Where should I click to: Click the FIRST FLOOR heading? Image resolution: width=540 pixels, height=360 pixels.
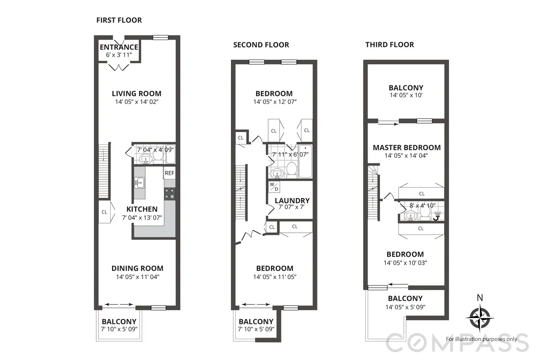[119, 20]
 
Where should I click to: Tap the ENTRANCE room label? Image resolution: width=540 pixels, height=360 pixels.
[119, 47]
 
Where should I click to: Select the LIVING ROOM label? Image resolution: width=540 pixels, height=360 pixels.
[136, 94]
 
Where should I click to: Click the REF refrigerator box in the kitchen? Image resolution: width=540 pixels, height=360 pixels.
[169, 173]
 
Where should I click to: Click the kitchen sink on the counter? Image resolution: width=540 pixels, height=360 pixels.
[139, 182]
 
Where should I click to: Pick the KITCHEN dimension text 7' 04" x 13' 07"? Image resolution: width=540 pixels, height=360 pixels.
[142, 217]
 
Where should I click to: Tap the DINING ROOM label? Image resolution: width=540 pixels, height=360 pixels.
[137, 268]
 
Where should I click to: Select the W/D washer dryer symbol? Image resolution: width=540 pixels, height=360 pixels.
[274, 186]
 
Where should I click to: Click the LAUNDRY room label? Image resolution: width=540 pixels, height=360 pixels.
[292, 201]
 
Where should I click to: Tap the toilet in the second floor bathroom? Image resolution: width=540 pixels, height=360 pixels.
[292, 169]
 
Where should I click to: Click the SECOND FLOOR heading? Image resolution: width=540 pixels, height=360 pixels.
[261, 45]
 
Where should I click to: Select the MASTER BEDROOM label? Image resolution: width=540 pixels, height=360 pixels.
[407, 148]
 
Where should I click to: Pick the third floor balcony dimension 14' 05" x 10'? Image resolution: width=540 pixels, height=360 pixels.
[406, 96]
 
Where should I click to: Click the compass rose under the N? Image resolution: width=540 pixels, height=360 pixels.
[480, 317]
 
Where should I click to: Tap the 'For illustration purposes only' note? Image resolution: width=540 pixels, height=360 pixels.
[481, 339]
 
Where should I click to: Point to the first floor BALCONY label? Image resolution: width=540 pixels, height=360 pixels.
[119, 322]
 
